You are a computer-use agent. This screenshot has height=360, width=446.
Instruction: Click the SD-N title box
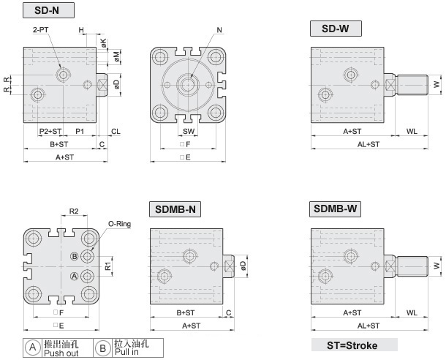click(48, 10)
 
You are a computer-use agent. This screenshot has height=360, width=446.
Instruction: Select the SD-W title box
click(336, 29)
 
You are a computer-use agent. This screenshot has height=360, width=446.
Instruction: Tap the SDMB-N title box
click(175, 209)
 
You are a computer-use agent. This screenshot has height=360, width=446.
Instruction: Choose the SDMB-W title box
click(335, 209)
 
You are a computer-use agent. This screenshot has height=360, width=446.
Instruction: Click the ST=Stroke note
click(352, 345)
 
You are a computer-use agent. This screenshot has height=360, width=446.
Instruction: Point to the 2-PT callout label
click(41, 29)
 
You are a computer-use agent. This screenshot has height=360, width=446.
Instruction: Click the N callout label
click(219, 30)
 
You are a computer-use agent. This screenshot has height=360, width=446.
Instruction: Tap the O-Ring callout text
click(119, 224)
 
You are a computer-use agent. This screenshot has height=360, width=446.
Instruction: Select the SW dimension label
click(189, 131)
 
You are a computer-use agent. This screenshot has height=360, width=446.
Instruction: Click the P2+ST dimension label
click(50, 131)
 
